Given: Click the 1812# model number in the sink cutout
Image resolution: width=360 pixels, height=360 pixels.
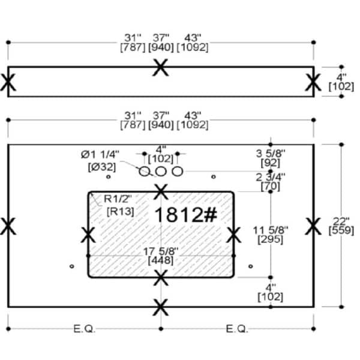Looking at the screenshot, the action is (x=186, y=215).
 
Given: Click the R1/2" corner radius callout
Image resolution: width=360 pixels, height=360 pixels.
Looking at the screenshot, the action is (x=118, y=199).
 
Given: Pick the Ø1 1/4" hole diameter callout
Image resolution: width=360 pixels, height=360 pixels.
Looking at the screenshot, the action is (x=100, y=155).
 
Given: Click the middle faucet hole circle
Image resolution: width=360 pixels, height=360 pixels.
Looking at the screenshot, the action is (x=161, y=171).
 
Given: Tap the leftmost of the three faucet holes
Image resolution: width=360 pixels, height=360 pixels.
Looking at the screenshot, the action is (x=145, y=171).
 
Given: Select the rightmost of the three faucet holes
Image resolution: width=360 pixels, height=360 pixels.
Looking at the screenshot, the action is (x=178, y=171).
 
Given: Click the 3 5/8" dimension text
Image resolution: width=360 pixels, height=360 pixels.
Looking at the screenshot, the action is (x=271, y=154).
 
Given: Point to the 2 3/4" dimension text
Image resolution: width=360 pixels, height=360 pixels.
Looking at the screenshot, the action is (x=271, y=177).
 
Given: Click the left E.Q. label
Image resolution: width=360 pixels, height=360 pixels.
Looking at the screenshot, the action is (x=84, y=329).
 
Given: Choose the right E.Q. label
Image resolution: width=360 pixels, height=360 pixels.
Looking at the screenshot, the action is (x=237, y=329).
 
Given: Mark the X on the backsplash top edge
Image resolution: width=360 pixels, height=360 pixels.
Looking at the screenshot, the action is (x=160, y=67).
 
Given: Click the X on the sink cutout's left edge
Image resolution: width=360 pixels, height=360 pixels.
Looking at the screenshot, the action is (x=88, y=235).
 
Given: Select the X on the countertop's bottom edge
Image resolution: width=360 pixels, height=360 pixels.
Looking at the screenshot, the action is (x=161, y=307).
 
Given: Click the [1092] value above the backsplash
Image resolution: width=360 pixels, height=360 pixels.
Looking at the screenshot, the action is (x=193, y=47).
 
